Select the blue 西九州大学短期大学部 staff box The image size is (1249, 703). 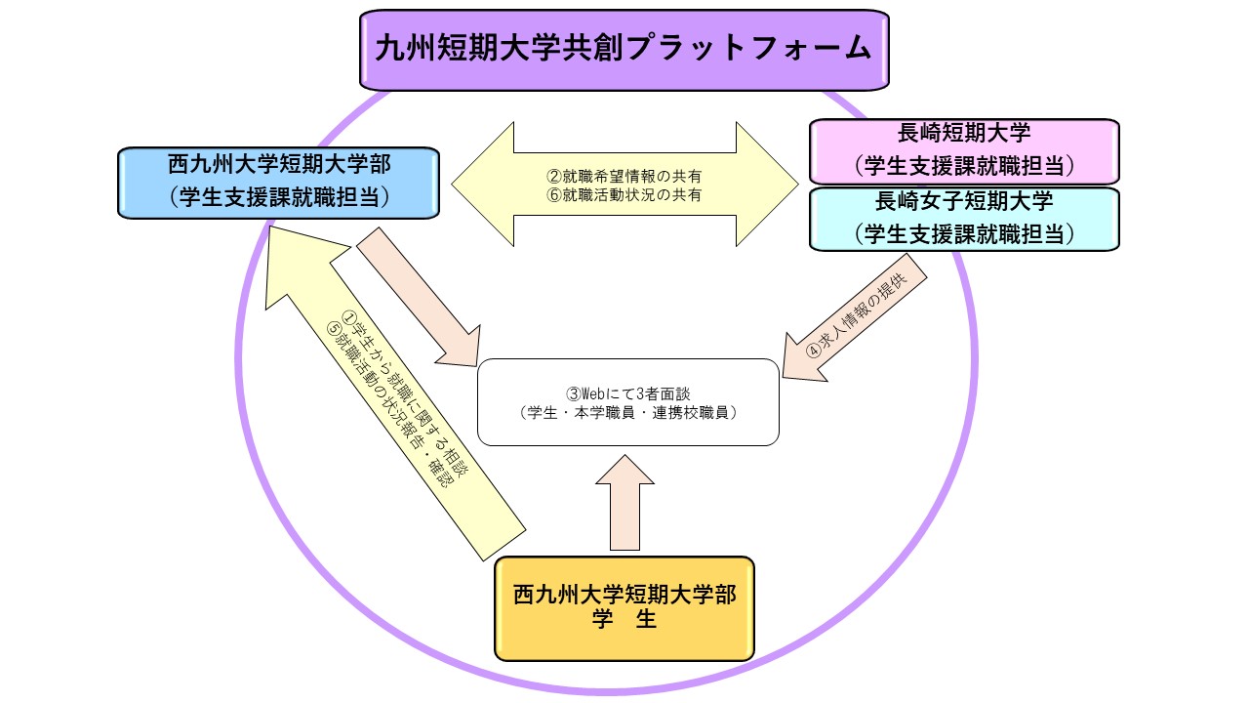277,182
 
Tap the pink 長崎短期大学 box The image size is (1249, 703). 964,150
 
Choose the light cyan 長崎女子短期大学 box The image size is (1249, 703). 964,219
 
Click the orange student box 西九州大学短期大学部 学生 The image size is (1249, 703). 624,607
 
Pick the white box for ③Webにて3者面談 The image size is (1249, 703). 627,402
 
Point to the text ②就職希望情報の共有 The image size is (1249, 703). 624,177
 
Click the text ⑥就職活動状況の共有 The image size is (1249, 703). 624,194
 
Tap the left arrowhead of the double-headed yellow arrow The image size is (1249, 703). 483,186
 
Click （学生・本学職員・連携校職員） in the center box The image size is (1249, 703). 627,412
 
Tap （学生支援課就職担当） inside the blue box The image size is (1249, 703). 277,197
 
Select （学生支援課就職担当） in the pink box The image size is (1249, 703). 964,165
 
